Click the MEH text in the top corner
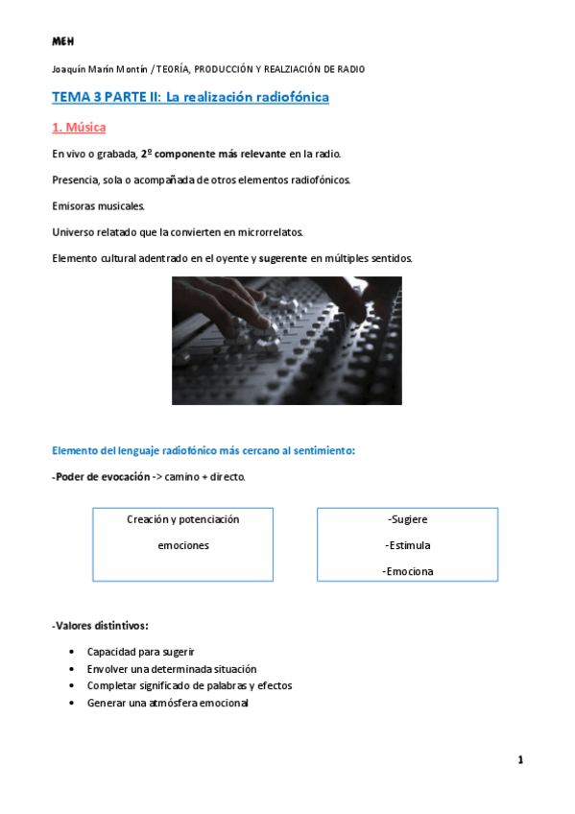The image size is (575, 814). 62,42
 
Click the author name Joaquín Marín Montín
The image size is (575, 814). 100,69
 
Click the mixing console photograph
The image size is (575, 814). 287,341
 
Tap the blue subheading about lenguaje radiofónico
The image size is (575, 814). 204,450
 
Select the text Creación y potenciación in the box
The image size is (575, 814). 182,519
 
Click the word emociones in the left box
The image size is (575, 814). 182,545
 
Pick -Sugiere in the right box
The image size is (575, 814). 408,519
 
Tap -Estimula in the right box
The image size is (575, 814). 407,545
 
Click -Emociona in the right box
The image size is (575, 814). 407,571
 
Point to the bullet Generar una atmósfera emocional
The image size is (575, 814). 168,703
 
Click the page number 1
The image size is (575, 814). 520,760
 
